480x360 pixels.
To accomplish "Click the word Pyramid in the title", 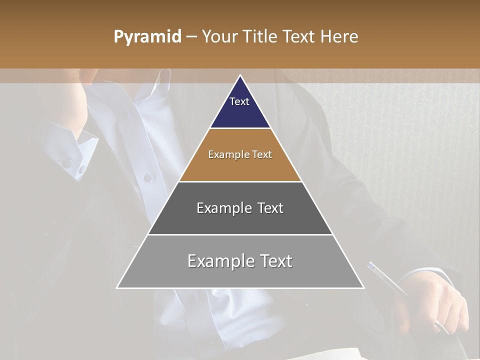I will [147, 37].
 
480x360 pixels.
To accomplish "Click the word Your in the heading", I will [219, 37].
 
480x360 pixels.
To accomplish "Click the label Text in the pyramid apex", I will [239, 101].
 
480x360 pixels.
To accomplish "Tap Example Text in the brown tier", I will [240, 154].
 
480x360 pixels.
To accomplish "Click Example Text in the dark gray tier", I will [240, 208].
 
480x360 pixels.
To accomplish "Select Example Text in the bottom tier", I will [240, 261].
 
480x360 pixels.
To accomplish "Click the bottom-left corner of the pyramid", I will [117, 287].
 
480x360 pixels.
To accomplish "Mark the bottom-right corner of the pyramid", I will [363, 287].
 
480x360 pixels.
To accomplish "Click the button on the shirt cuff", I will [66, 162].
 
